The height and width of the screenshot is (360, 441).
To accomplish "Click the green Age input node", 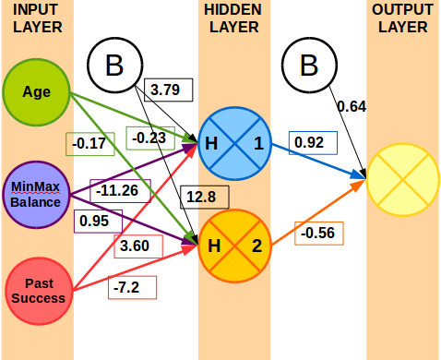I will click(x=38, y=92).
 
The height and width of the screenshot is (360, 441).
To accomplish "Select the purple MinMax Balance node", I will click(x=37, y=195).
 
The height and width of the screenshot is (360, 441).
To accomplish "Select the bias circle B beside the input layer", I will click(x=114, y=66).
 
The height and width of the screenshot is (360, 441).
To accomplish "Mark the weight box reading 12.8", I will click(x=199, y=196).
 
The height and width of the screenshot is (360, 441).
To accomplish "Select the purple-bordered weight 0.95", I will click(x=94, y=221).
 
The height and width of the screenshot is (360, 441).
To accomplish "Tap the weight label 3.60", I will click(x=136, y=246).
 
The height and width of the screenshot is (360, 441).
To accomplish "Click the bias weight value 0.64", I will click(x=352, y=106).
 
